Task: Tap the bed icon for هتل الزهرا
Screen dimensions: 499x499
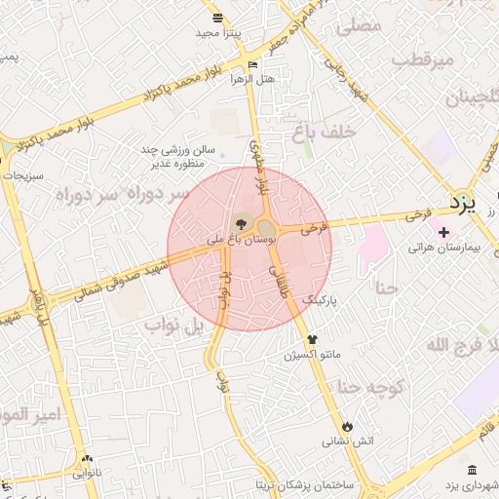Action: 253,64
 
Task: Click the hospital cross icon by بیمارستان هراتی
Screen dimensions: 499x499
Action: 444,232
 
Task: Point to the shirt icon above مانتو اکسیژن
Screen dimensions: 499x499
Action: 312,339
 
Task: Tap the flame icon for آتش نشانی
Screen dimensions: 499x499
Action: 346,426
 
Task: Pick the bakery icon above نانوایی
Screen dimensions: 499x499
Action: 88,459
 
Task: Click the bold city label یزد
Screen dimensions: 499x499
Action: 464,203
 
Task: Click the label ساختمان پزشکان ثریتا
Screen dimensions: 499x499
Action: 305,484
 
